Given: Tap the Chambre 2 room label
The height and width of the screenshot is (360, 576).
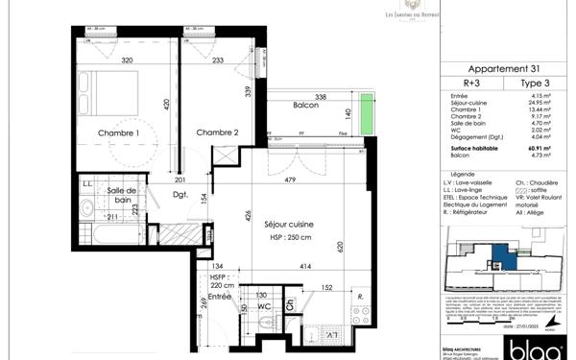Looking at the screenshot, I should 217,132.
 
